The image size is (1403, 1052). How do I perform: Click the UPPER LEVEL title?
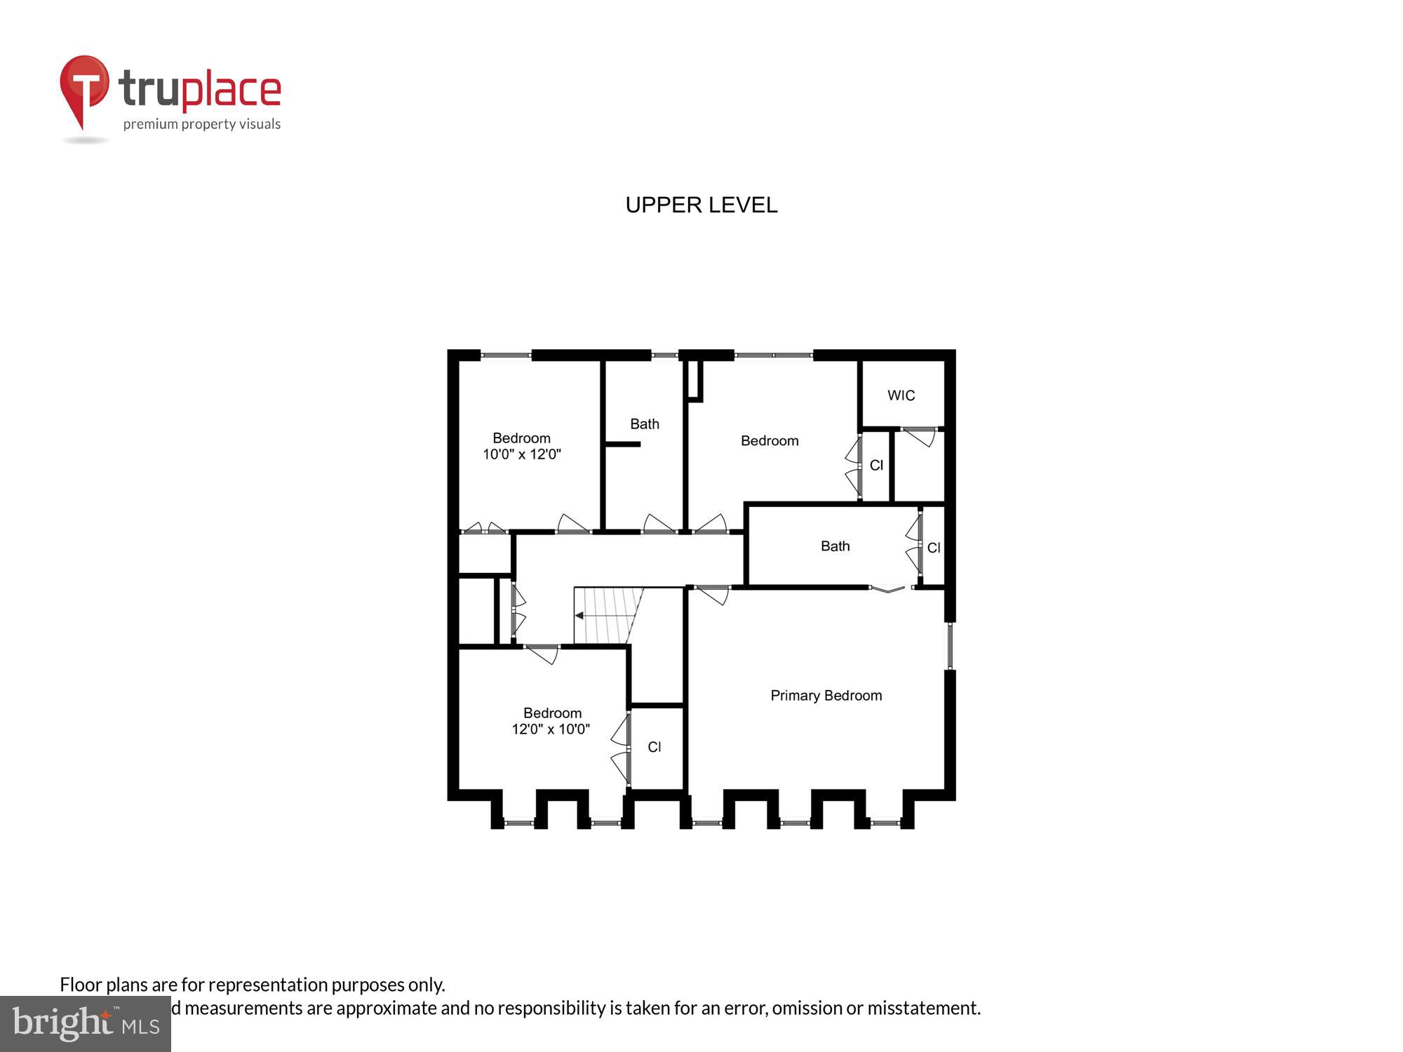[x=701, y=205]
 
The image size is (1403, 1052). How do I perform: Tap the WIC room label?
[x=901, y=396]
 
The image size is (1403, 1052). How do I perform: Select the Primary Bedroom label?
[x=826, y=696]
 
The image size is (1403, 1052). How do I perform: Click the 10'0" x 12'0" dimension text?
[x=521, y=454]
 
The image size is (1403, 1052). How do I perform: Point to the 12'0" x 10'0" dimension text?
[x=551, y=729]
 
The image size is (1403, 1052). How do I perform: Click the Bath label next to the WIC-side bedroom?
[x=644, y=424]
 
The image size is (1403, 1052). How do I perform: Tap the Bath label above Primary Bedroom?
[x=835, y=546]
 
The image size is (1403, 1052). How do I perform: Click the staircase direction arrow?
[x=579, y=616]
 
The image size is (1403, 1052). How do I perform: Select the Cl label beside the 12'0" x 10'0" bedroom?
[x=654, y=748]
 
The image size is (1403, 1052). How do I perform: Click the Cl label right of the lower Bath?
[x=933, y=548]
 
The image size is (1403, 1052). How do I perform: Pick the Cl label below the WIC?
[x=876, y=466]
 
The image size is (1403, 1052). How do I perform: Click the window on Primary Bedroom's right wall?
[x=950, y=646]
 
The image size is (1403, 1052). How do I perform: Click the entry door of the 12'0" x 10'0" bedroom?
[x=542, y=654]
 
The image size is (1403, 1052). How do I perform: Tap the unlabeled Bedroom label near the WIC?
[x=769, y=441]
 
